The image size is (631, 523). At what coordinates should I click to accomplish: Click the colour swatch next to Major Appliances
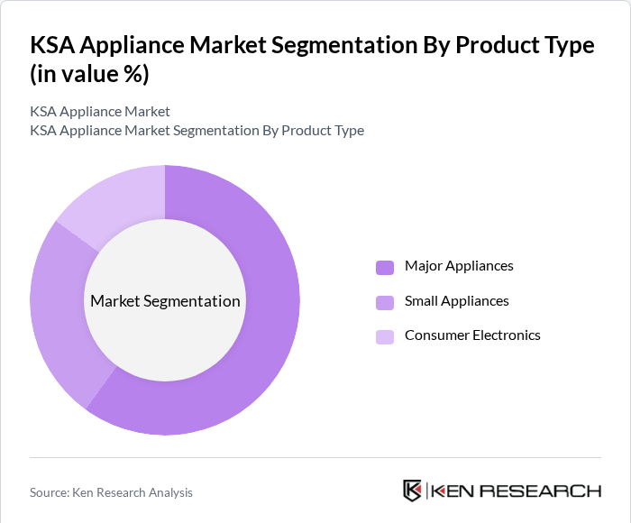point(385,267)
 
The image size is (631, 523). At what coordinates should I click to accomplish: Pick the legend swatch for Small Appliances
point(385,302)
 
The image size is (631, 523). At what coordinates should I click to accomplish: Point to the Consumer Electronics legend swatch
point(385,336)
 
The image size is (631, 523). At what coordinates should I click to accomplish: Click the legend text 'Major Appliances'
point(459,266)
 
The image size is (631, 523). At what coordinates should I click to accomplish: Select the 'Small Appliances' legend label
point(456,301)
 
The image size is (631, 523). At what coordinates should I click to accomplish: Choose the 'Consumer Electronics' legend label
point(472,335)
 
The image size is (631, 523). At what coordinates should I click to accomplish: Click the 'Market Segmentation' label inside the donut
point(165,301)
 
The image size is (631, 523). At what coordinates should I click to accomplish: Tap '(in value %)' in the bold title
point(89,75)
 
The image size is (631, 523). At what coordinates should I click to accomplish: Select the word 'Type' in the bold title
point(564,45)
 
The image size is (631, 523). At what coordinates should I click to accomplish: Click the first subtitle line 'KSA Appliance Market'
point(100,112)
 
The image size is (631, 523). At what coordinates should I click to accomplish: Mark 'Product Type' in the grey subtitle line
point(322,131)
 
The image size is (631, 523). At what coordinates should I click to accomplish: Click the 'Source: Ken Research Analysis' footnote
point(111,492)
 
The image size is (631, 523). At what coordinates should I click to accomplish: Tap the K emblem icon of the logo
point(412,491)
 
